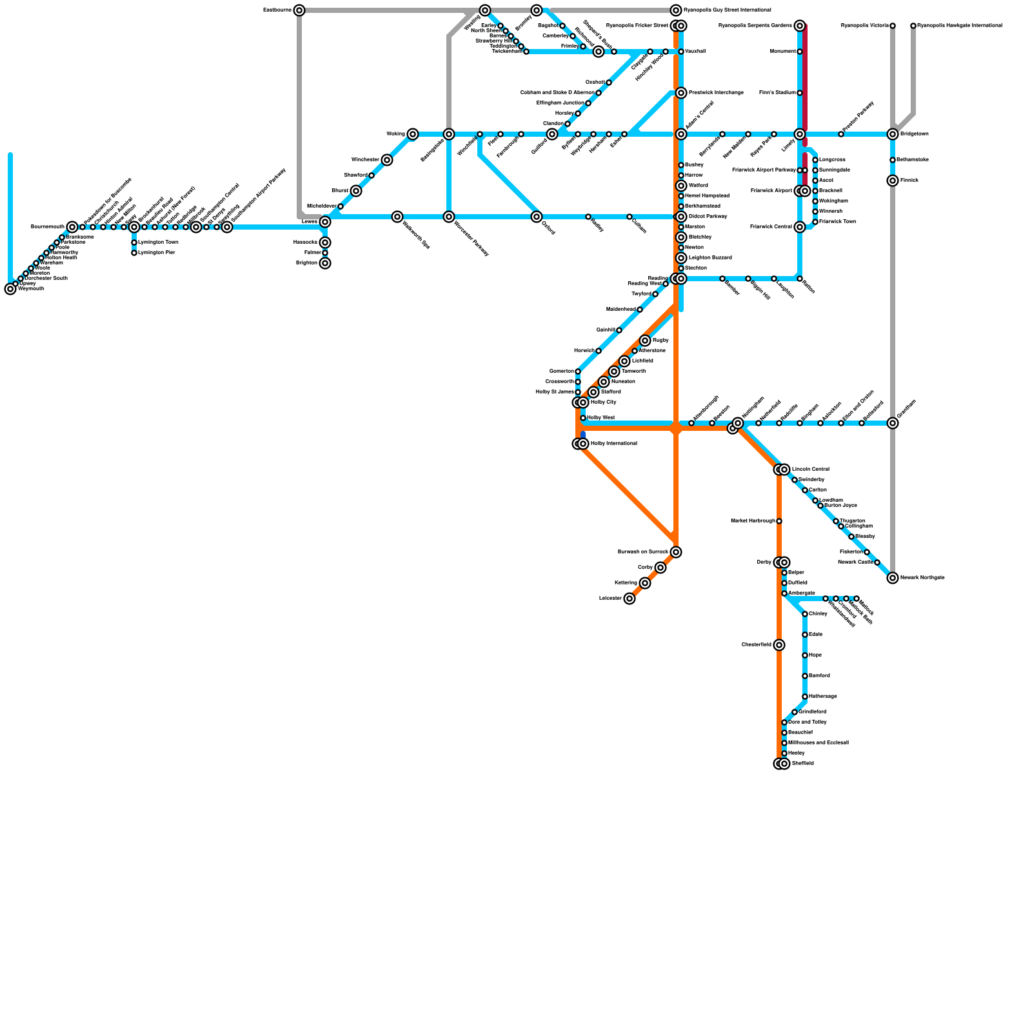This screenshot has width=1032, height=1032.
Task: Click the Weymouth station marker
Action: click(x=10, y=289)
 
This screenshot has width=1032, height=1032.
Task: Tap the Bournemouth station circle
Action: click(x=72, y=227)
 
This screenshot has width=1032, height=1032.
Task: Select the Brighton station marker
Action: click(x=325, y=263)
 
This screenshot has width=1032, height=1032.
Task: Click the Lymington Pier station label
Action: click(x=157, y=253)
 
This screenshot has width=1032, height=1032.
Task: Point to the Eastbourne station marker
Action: click(x=299, y=10)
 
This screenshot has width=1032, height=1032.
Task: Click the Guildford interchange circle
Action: click(x=552, y=134)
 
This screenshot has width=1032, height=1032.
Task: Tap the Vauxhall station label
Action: click(x=695, y=52)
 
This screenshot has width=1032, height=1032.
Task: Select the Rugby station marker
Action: click(x=645, y=341)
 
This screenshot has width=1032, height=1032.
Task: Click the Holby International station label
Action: click(x=613, y=444)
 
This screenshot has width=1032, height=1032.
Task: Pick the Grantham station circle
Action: click(x=893, y=423)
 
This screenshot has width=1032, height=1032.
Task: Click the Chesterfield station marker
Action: click(x=779, y=645)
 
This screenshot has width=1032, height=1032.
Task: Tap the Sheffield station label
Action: click(x=802, y=764)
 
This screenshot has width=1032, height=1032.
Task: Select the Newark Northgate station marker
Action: click(x=893, y=578)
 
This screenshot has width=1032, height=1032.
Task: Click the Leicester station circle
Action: click(x=630, y=599)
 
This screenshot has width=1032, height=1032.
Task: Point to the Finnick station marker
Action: click(x=893, y=181)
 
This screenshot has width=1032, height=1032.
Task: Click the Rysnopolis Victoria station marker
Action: click(x=893, y=26)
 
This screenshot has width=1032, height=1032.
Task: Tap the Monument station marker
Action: click(x=800, y=52)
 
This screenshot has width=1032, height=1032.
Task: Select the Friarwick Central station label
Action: click(x=771, y=227)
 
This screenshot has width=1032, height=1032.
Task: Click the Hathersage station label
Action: click(x=822, y=697)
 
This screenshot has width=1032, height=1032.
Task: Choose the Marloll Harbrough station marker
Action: click(x=779, y=521)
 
